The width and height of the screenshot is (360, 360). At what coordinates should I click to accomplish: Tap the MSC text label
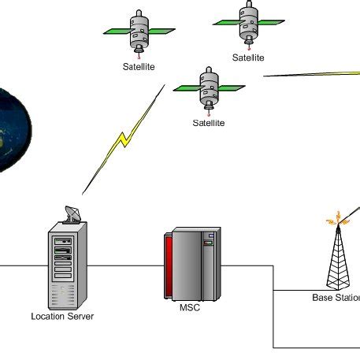(x=191, y=307)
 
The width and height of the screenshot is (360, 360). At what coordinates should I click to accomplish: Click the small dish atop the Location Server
(x=71, y=214)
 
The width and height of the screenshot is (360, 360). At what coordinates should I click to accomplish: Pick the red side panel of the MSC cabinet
(x=169, y=265)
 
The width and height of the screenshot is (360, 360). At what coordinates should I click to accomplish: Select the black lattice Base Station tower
(x=338, y=260)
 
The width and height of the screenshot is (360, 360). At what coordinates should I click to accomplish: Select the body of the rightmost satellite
(x=248, y=22)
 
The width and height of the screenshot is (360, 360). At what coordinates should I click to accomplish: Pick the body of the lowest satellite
(x=209, y=87)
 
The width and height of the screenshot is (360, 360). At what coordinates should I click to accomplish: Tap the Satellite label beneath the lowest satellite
(x=209, y=123)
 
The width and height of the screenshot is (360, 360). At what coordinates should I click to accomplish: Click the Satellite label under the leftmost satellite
(x=139, y=67)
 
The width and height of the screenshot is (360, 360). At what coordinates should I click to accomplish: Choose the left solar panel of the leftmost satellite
(x=117, y=32)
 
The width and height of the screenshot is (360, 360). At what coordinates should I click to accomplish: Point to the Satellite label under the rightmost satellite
(x=248, y=58)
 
